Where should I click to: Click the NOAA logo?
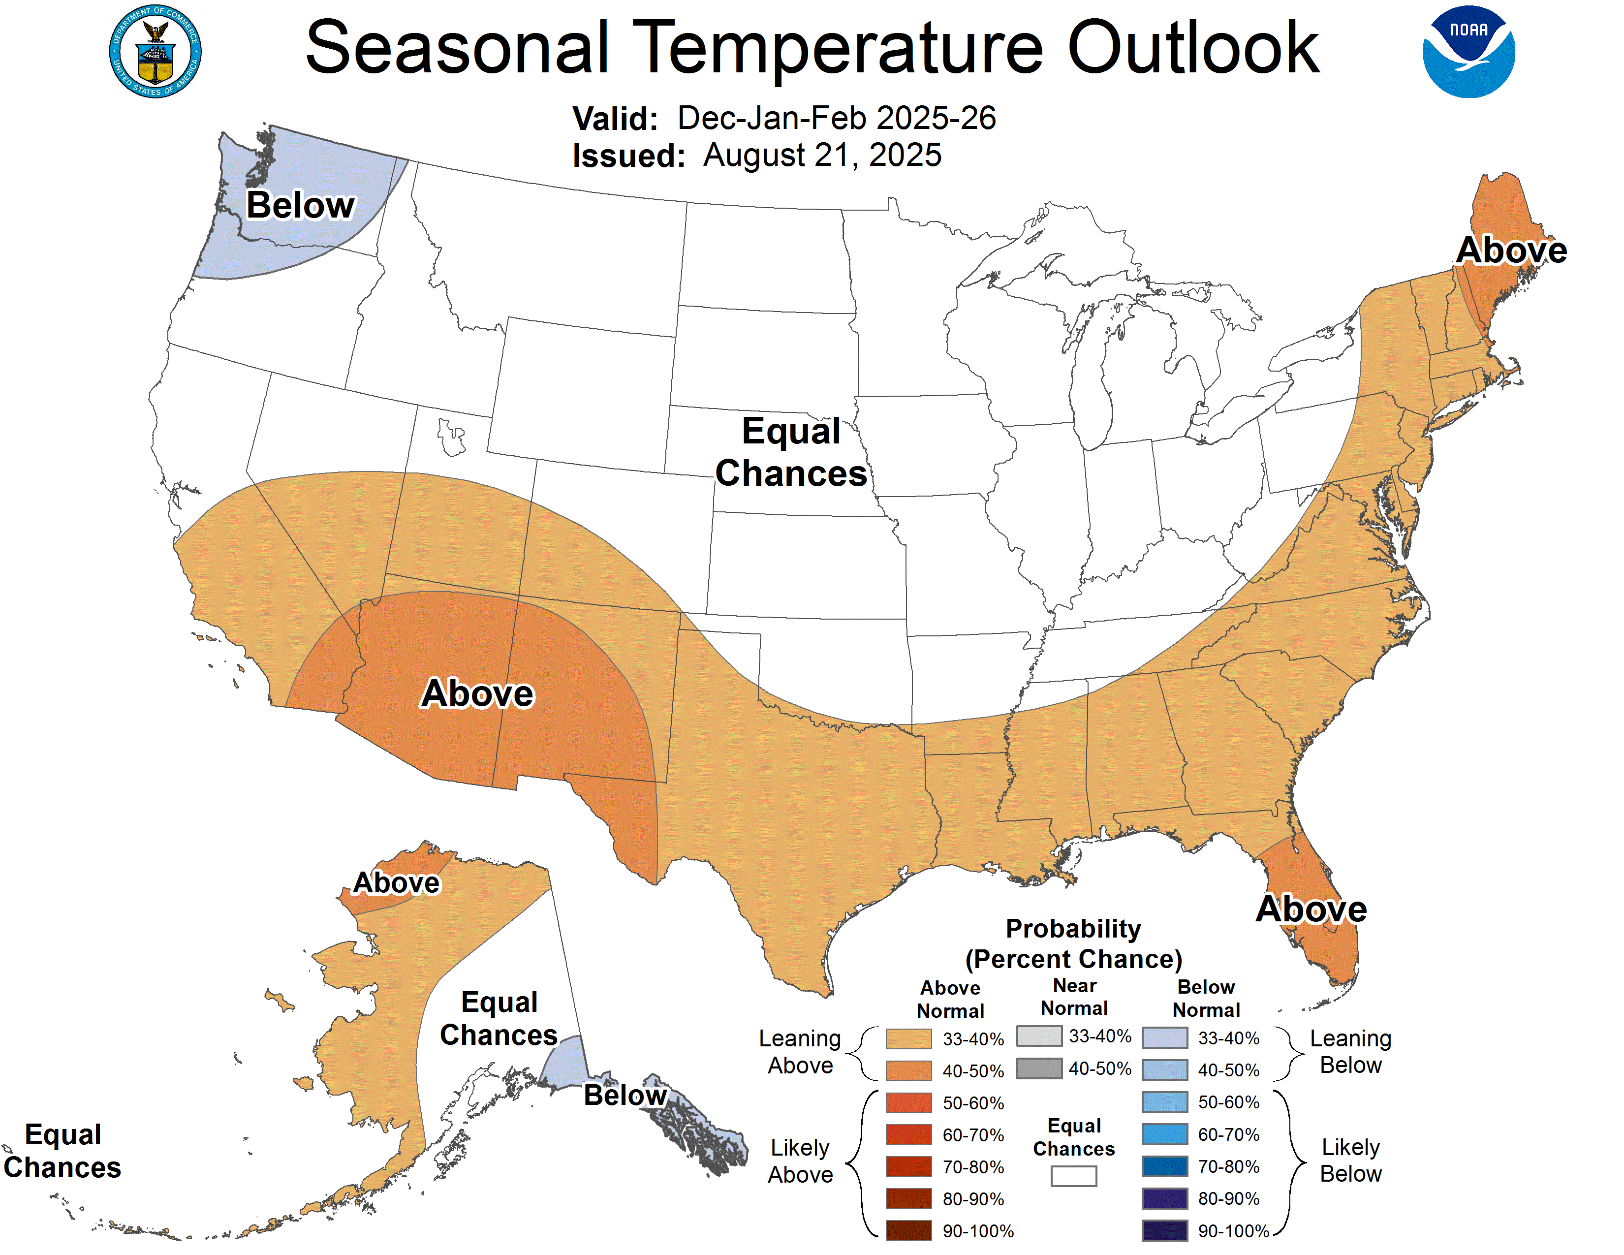(1468, 52)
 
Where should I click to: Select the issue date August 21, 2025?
(822, 156)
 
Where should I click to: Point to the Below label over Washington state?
(300, 205)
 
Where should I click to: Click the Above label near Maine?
(1511, 250)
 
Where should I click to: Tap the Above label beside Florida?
(1311, 910)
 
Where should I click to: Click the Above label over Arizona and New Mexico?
(477, 693)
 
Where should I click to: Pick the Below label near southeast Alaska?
(625, 1095)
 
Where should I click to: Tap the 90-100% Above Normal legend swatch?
(908, 1230)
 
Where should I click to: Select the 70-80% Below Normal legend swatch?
(1164, 1166)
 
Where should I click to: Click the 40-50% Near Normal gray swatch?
(1039, 1068)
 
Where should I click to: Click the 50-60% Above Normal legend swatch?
(908, 1102)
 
